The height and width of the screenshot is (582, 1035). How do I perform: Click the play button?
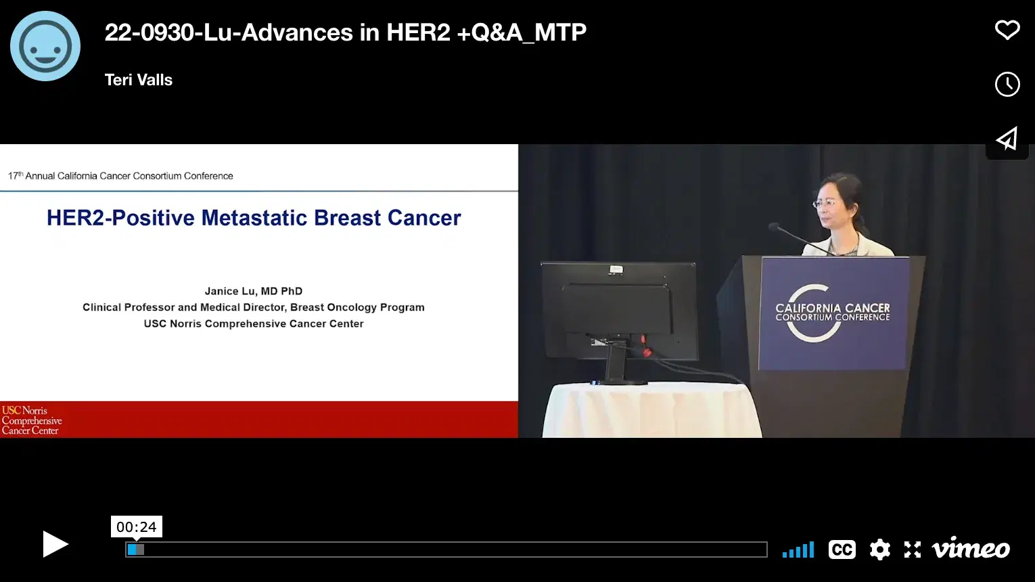(x=55, y=544)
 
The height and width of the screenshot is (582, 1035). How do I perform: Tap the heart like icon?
(x=1007, y=30)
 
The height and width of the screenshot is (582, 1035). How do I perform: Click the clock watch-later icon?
(x=1007, y=84)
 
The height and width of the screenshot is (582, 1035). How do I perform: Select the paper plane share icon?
(x=1007, y=139)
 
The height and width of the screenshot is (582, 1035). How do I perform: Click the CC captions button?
(x=842, y=550)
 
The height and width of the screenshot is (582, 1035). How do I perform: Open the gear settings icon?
(x=879, y=550)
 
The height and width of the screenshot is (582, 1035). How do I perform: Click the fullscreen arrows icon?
(x=913, y=550)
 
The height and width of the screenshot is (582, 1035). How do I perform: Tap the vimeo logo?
(x=971, y=549)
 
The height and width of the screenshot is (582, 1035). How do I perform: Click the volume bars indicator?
(x=798, y=550)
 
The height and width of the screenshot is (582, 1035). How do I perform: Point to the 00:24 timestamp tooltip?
(x=137, y=527)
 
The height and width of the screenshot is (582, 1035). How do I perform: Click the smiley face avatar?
(x=45, y=46)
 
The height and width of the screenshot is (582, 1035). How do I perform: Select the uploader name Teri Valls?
(x=139, y=80)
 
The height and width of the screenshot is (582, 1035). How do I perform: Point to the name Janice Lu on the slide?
(x=230, y=291)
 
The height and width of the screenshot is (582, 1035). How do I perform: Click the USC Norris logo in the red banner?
(x=32, y=420)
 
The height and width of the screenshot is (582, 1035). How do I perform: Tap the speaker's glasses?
(x=825, y=202)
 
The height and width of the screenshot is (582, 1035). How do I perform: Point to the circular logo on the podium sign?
(x=812, y=313)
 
